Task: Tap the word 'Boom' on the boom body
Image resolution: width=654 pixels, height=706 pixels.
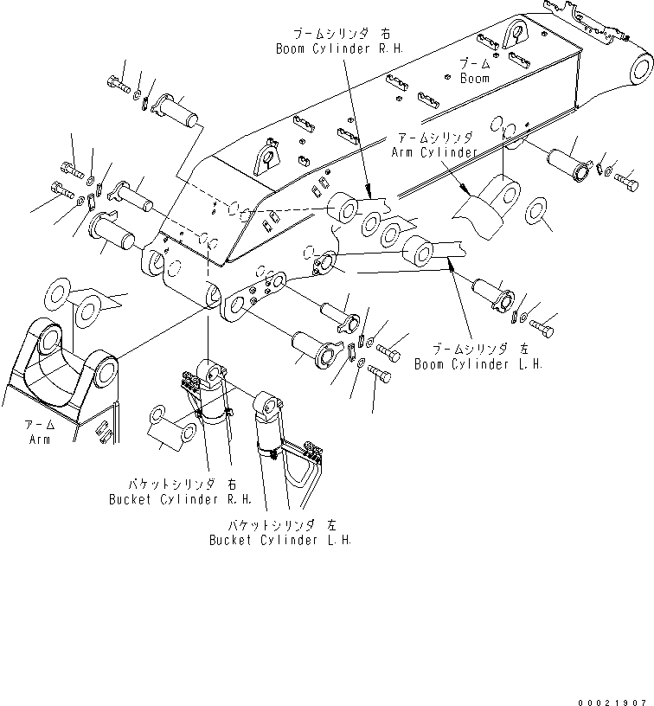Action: point(474,79)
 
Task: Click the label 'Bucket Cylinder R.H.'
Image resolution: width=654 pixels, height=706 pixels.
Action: point(180,499)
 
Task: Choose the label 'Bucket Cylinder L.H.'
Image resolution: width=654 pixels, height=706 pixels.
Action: point(279,540)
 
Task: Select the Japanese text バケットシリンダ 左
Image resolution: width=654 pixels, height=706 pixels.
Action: point(279,525)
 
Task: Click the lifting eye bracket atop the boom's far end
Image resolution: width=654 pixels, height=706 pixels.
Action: point(516,34)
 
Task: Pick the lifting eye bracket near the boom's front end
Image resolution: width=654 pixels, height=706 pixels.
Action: point(269,159)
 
